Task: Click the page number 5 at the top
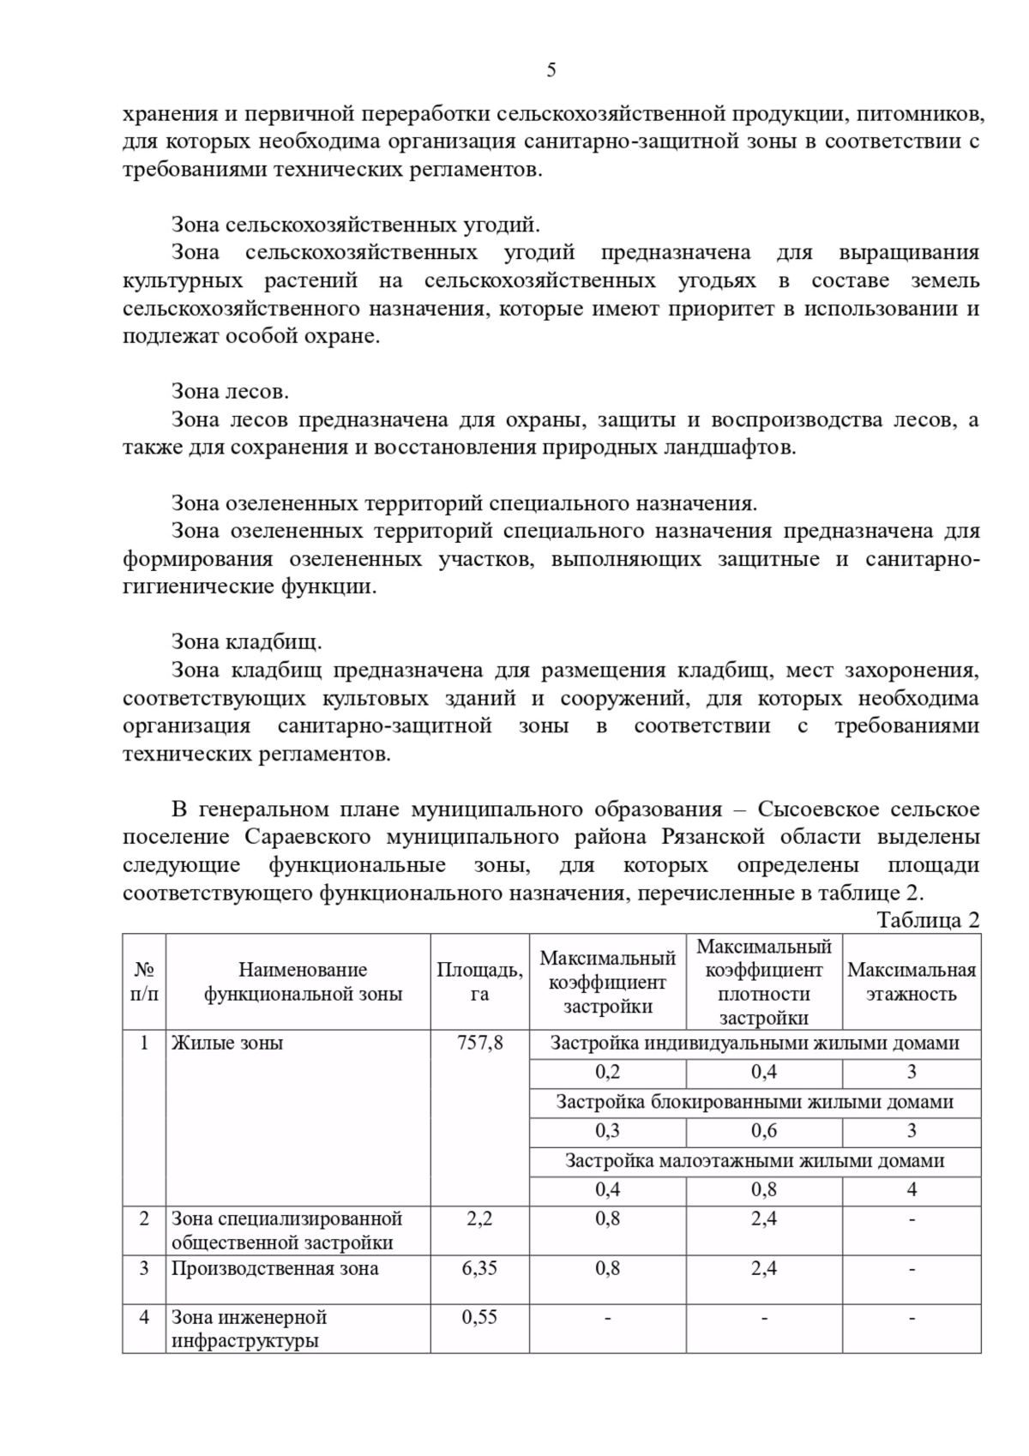coord(551,70)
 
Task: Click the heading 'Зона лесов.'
coord(230,392)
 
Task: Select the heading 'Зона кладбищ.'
coord(246,642)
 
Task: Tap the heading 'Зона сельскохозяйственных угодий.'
coord(355,225)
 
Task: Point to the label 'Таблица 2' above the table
coord(927,920)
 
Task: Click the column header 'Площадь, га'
coord(479,982)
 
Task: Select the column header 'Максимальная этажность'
coord(911,982)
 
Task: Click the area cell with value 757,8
coord(479,1044)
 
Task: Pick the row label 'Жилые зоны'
coord(227,1044)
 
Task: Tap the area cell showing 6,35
coord(479,1268)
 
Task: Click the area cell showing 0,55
coord(479,1317)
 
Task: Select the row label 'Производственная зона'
coord(274,1268)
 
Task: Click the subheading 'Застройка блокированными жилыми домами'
coord(755,1102)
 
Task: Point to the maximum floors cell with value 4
coord(911,1189)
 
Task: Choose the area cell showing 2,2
coord(479,1218)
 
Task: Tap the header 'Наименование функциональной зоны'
coord(302,982)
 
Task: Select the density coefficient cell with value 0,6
coord(763,1131)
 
